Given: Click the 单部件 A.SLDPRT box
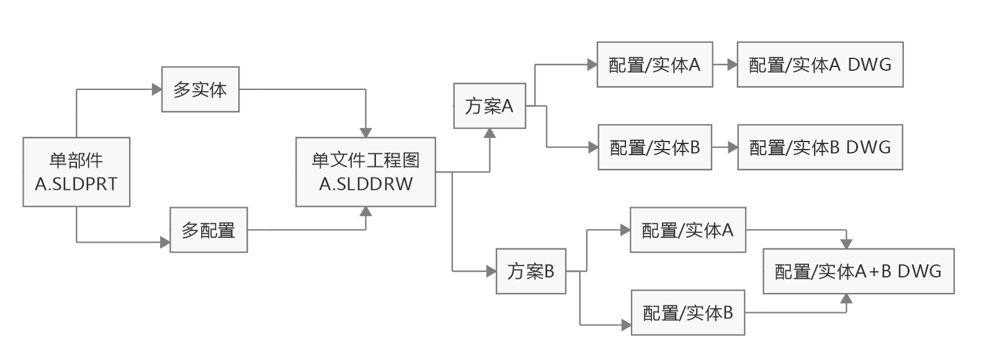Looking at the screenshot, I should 76,172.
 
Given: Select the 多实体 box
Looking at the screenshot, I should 200,89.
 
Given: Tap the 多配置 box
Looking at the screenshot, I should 208,230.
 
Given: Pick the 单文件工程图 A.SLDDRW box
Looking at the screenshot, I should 365,172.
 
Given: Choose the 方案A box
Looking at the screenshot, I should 490,106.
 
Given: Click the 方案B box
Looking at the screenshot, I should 531,271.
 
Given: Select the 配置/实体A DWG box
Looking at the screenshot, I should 820,65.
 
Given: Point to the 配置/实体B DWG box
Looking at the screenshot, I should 820,148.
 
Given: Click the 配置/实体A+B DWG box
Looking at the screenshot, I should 858,271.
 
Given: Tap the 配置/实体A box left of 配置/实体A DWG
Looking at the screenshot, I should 655,65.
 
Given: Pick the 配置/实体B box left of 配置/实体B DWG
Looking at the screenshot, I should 655,148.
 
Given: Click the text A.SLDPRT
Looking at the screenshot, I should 76,184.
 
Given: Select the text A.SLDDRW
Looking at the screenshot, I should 365,184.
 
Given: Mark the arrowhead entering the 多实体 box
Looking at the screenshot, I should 156,89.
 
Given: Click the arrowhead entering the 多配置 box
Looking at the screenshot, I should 165,242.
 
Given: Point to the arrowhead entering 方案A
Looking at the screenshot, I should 490,133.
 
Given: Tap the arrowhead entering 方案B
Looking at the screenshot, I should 491,271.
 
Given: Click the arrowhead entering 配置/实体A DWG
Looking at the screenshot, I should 732,65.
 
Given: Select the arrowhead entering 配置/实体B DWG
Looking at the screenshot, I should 733,148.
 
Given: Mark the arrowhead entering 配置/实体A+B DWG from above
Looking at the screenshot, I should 846,244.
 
